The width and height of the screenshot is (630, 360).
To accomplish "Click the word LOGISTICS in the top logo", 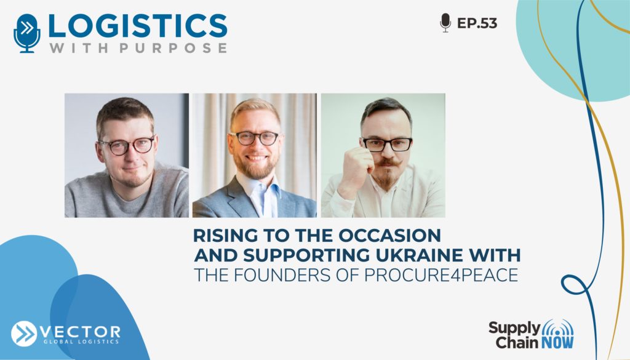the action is pos(137,26).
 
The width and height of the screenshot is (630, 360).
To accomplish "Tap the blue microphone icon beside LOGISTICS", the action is pos(27,33).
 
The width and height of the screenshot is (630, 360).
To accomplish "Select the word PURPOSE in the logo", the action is pos(173,48).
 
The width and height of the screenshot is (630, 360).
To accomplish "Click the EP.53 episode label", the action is pos(477,23).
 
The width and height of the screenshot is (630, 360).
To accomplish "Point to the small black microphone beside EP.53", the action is pos(445,23).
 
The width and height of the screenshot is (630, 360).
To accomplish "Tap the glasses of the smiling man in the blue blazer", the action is pos(254,138).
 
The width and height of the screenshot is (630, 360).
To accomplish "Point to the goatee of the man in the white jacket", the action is pos(386,179).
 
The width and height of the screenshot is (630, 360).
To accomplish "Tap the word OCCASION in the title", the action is pos(389,236).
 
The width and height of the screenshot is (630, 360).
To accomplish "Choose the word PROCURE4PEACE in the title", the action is pos(441,275).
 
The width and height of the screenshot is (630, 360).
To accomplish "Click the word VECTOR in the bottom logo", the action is pos(81,332).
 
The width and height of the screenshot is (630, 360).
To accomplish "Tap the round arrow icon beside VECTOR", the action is pos(24,334).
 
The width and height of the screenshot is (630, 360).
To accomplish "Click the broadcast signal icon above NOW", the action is pos(557,327).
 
